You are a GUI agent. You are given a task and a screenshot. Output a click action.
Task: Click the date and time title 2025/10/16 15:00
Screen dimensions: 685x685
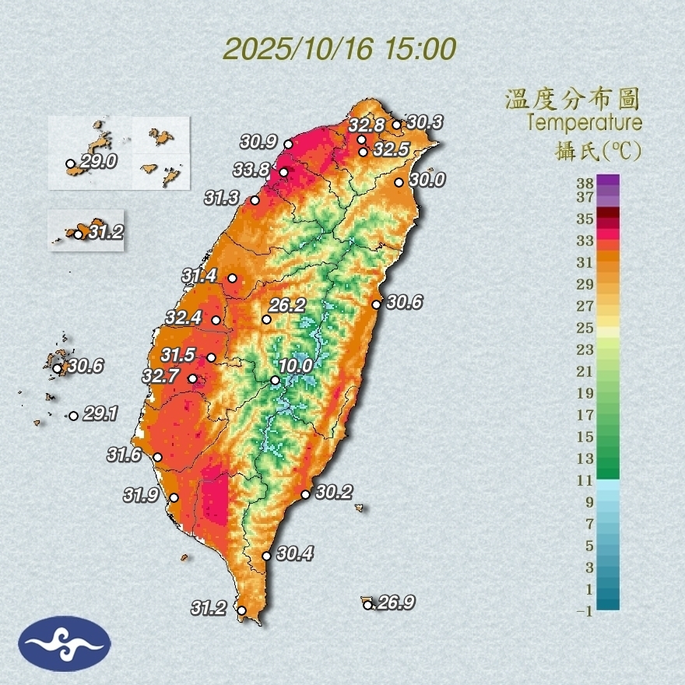click(339, 49)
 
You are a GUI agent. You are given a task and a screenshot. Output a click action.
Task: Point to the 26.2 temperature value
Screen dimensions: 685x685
click(287, 305)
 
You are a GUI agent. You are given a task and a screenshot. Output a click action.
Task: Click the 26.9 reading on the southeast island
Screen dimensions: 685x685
click(393, 603)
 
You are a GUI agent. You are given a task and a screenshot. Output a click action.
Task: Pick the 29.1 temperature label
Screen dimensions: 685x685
click(100, 415)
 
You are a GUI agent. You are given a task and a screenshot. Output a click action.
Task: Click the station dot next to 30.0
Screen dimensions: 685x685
click(399, 182)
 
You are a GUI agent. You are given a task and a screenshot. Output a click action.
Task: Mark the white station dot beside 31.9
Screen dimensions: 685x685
click(174, 497)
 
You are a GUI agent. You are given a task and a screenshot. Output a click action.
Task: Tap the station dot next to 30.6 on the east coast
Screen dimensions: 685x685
click(376, 304)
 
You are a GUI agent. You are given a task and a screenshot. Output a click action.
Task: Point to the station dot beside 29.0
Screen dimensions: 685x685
click(70, 164)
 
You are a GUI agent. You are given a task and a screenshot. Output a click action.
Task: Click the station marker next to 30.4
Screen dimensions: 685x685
click(266, 556)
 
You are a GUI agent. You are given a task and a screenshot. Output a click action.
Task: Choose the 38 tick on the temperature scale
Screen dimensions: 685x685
click(585, 183)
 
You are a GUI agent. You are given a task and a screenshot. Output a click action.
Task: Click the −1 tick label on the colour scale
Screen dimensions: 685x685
click(584, 612)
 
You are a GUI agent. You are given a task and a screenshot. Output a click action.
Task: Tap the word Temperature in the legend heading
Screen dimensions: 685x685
click(584, 122)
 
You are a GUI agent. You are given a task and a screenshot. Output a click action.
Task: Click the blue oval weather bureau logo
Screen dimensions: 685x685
click(65, 644)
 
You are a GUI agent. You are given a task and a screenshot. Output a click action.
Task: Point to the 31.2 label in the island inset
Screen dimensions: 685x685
click(106, 232)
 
